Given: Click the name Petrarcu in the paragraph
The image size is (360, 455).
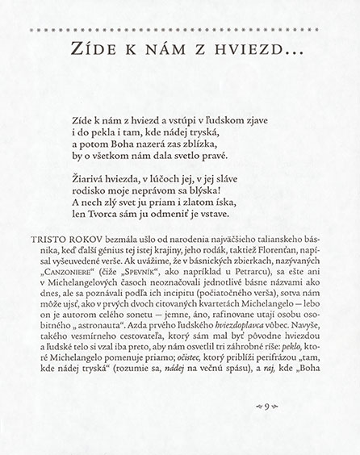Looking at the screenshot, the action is pyautogui.click(x=237, y=279).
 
